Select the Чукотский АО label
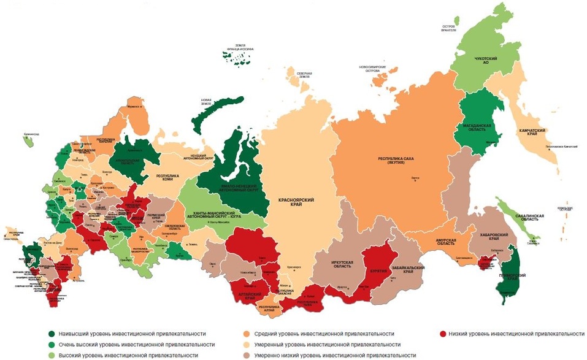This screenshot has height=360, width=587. point(485,61)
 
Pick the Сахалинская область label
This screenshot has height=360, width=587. point(531,218)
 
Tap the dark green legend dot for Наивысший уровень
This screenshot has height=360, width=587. point(52,334)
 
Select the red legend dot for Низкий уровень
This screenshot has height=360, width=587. point(443,334)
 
